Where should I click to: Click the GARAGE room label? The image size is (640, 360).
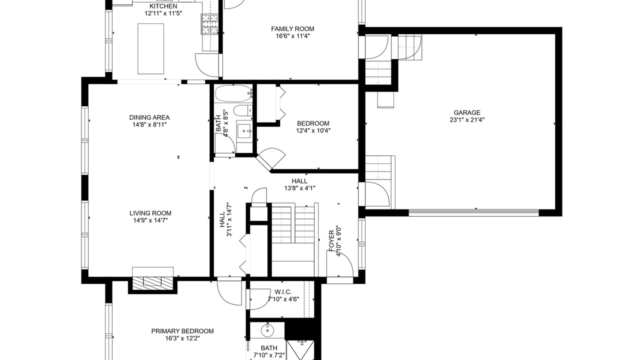tap(467, 113)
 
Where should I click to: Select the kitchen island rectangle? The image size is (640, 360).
tap(151, 49)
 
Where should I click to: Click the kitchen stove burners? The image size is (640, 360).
tap(210, 24)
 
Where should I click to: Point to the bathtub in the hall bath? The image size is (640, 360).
tap(233, 93)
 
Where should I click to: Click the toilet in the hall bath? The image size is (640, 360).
tap(243, 110)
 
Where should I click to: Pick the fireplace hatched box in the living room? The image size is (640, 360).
tap(152, 281)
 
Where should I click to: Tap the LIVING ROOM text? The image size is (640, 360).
tap(150, 213)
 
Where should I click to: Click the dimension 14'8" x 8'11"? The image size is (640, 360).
tap(149, 124)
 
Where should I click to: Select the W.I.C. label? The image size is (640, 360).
tap(283, 292)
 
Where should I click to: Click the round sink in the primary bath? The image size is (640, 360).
tap(267, 330)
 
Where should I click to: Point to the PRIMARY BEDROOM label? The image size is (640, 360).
tap(182, 331)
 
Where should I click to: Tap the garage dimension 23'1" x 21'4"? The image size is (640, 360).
tap(467, 120)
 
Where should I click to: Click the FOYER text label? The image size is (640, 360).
tap(331, 241)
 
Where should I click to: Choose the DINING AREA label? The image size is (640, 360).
tap(149, 117)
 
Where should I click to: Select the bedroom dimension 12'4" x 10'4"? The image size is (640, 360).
tap(313, 131)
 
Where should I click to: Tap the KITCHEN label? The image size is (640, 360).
tap(163, 6)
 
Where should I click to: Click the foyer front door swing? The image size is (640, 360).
tap(340, 263)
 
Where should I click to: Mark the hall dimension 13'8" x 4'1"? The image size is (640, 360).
tap(299, 188)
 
